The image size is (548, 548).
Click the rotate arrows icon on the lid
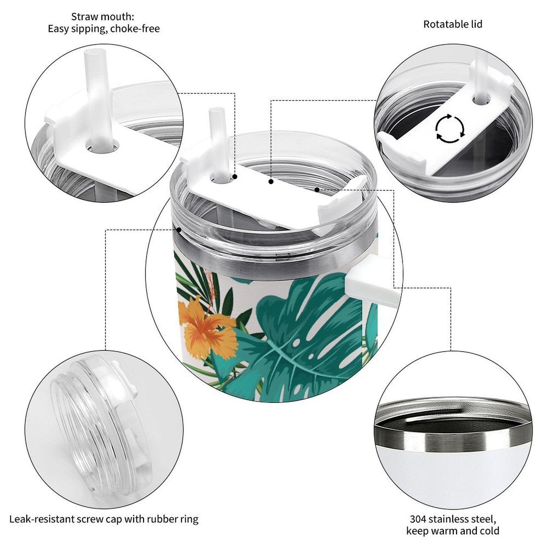tap(450, 129)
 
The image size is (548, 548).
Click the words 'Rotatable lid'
tap(453, 24)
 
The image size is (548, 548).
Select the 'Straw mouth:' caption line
tap(103, 16)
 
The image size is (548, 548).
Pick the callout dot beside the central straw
tap(235, 177)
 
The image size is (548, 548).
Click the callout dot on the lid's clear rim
tap(178, 230)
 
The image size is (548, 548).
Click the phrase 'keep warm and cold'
tap(453, 531)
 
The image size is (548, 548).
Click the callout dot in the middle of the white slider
tap(271, 182)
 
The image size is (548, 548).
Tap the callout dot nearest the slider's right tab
tap(317, 189)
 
